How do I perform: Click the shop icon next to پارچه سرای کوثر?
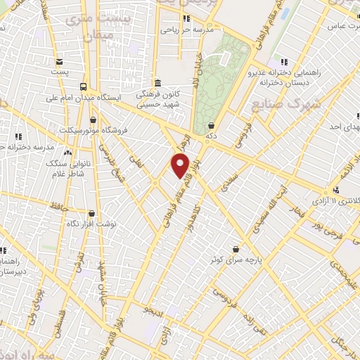(x=243, y=248)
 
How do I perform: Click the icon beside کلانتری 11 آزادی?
(x=336, y=190)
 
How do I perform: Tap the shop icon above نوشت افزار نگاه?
(x=92, y=212)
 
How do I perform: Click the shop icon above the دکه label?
(x=211, y=125)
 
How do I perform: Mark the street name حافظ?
(x=58, y=206)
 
